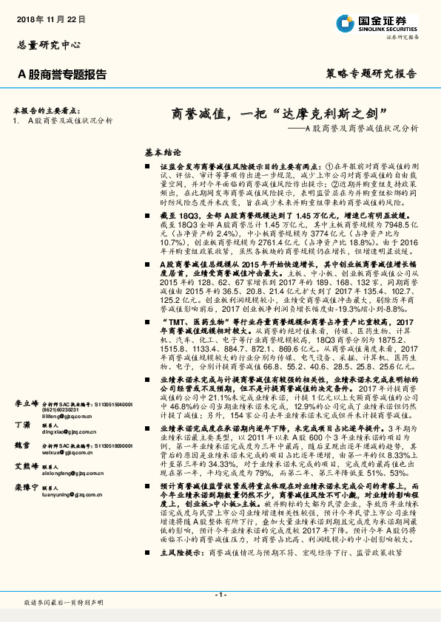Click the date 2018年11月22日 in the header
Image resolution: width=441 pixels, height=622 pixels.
pos(50,17)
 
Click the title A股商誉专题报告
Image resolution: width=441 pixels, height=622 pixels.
pos(61,75)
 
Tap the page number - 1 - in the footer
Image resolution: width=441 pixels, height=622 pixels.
pos(220,595)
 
